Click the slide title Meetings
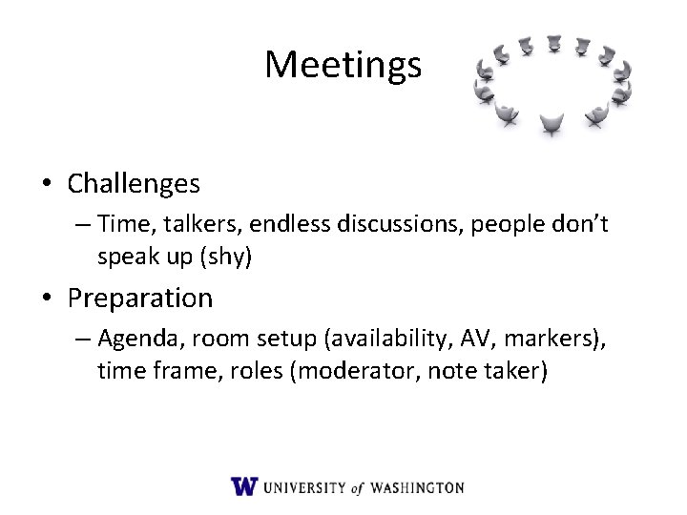coord(343,65)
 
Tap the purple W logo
coord(244,486)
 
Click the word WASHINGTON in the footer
coord(417,487)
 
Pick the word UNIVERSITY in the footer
coord(304,487)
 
